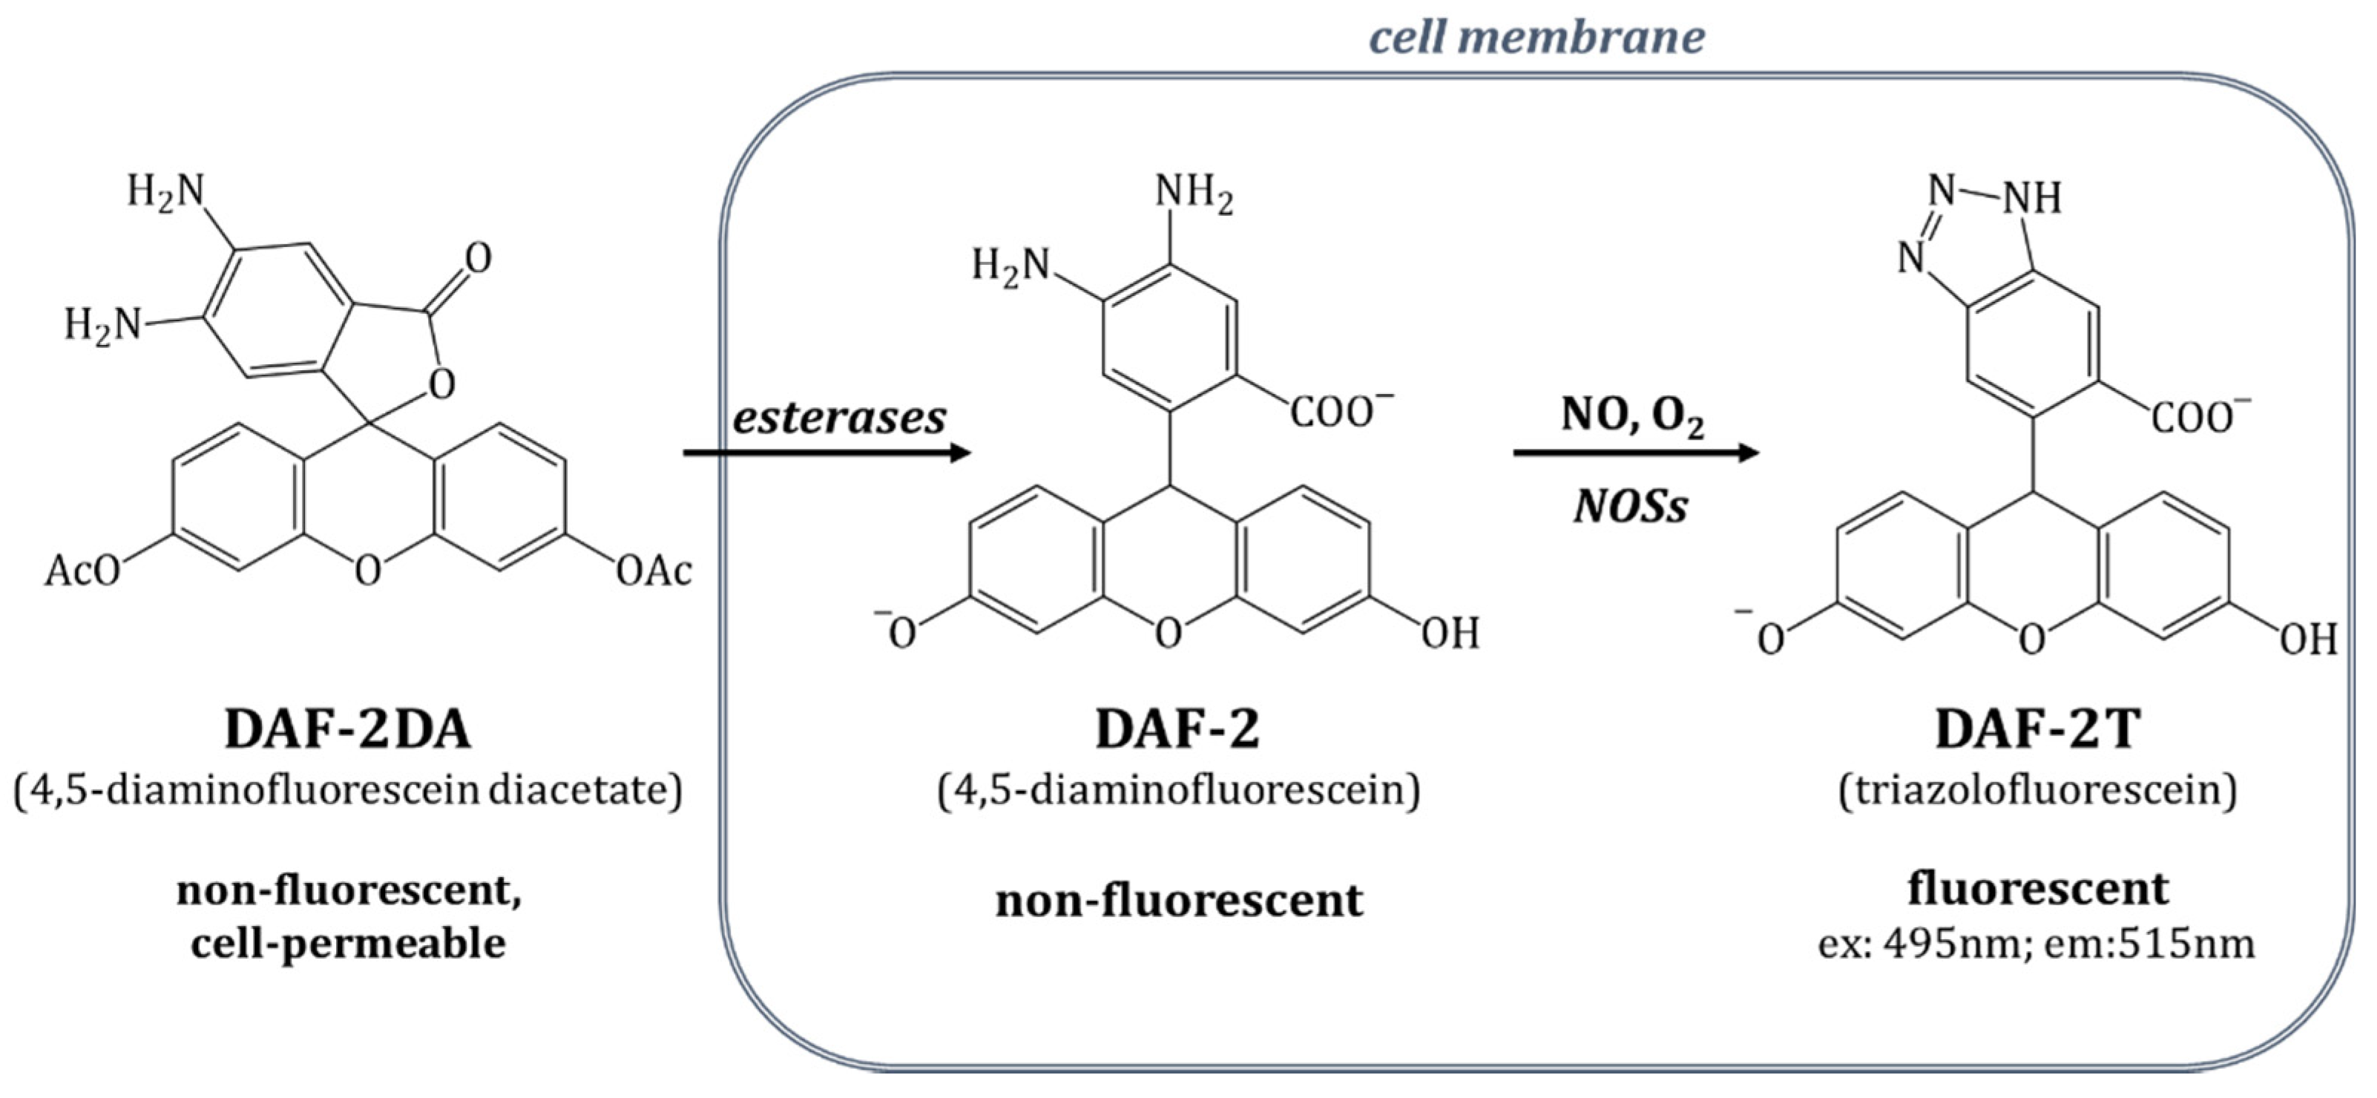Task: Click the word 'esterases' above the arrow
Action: coord(839,418)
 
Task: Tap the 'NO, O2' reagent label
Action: coord(1631,416)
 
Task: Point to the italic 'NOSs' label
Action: coord(1631,507)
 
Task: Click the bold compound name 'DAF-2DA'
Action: coord(348,730)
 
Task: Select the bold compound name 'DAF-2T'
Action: coord(2037,730)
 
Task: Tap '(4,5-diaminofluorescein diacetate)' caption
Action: coord(348,790)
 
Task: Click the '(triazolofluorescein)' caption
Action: coord(2037,790)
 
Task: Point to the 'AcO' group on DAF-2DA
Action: coord(83,571)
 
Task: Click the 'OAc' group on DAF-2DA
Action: coord(654,571)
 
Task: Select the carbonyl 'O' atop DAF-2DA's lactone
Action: coord(478,258)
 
